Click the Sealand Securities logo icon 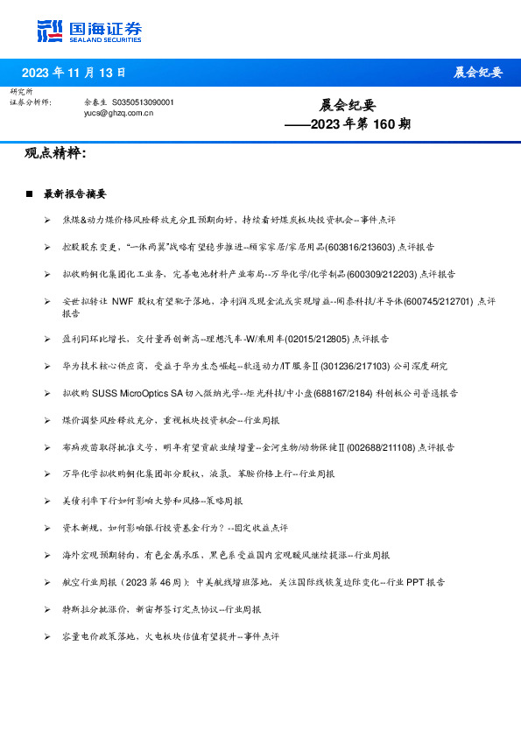click(50, 31)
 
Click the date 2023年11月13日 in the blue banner click(74, 73)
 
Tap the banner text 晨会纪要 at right click(478, 73)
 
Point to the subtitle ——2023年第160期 click(348, 124)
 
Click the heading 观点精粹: click(55, 154)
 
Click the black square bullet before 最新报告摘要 click(30, 193)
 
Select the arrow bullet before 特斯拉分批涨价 click(46, 608)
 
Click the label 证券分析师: click(31, 102)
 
